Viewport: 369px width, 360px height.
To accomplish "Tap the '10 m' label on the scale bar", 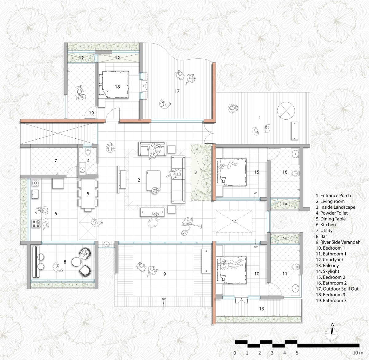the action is pos(358,353).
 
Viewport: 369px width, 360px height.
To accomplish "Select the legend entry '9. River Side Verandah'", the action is pos(338,242).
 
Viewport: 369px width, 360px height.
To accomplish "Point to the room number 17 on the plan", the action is pos(177,91).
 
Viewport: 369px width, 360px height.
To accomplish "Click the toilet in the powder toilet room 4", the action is pos(88,152).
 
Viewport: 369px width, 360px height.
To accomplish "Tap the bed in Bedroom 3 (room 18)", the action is pos(114,85).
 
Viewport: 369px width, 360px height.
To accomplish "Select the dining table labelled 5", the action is pos(88,194).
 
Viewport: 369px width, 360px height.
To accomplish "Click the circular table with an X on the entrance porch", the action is pos(286,111).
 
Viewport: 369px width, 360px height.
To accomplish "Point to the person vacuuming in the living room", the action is pos(190,225).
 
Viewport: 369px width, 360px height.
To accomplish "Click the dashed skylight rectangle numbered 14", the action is pos(234,221).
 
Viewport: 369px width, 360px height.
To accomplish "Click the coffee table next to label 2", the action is pos(153,181).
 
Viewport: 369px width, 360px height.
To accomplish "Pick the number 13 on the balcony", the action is pos(261,309).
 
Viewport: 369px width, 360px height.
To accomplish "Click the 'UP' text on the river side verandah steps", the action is pos(164,299).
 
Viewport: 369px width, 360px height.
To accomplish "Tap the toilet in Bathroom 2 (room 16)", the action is pos(296,173).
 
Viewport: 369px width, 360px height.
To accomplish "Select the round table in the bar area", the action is pos(77,262).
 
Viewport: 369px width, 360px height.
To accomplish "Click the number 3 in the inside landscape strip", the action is pos(196,172).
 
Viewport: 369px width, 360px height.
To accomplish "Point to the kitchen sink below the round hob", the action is pos(35,194).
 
